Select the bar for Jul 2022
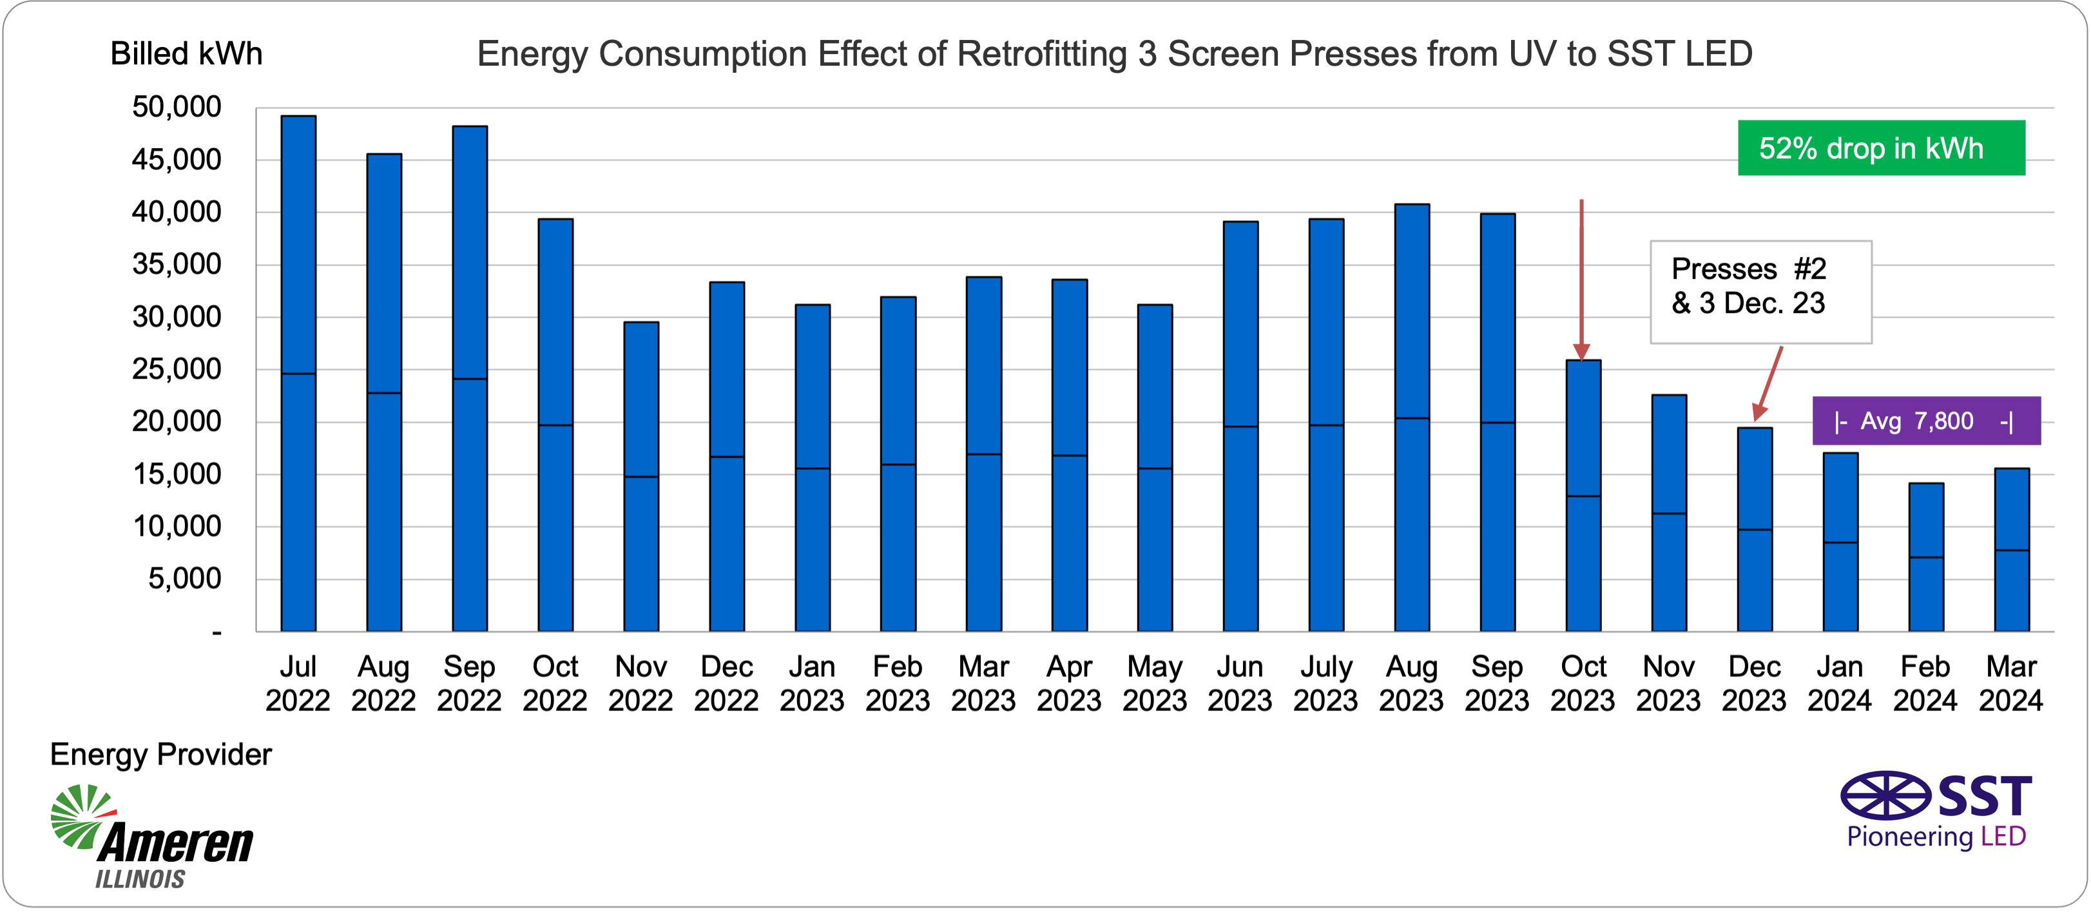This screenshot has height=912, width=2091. click(x=298, y=374)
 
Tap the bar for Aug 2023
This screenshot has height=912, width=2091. click(x=1412, y=417)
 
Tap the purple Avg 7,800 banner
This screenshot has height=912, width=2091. click(x=1925, y=421)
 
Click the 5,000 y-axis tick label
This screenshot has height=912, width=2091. click(x=184, y=579)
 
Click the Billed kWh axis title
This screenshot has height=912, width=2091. click(x=186, y=54)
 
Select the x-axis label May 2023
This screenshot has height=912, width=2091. click(x=1154, y=683)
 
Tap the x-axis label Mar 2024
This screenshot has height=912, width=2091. click(x=2010, y=683)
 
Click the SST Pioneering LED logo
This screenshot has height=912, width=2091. click(x=1936, y=810)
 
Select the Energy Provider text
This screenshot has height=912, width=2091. click(x=160, y=755)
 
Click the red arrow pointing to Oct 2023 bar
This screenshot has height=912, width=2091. click(x=1581, y=276)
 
